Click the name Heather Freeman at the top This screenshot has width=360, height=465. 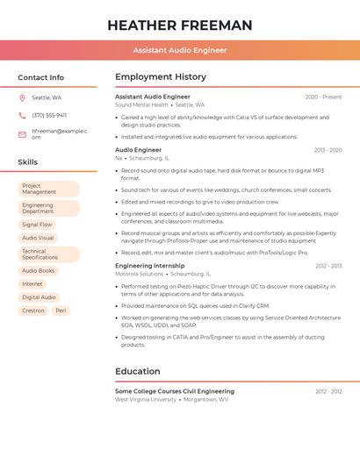click(179, 25)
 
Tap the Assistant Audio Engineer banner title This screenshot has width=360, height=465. click(179, 50)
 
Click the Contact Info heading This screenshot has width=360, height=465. click(40, 77)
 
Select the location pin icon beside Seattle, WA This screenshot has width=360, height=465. click(22, 98)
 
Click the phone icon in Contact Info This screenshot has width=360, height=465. click(22, 115)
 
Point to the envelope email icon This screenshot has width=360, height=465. click(22, 134)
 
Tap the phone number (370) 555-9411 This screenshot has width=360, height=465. click(49, 115)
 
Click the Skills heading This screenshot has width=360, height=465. click(28, 162)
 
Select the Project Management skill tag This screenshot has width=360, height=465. click(48, 189)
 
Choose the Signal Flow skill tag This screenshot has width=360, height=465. click(37, 225)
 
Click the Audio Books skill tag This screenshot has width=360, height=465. click(38, 271)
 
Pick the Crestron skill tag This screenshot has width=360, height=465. click(33, 311)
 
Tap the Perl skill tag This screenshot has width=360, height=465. click(61, 311)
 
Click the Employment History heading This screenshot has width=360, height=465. click(161, 77)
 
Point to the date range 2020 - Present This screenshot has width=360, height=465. click(323, 97)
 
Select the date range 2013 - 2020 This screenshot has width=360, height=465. click(328, 150)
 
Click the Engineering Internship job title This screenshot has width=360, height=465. click(149, 265)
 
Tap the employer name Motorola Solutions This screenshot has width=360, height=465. click(139, 274)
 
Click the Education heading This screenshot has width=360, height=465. click(137, 371)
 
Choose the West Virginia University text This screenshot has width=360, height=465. click(146, 399)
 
